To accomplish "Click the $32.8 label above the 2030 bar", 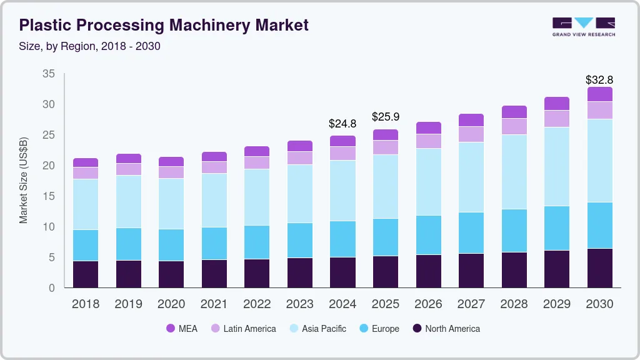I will click(599, 80).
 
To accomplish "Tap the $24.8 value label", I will click(342, 124).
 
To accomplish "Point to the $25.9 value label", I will click(385, 117).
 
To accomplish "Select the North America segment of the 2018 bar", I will click(86, 274).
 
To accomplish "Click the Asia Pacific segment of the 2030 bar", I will click(599, 161).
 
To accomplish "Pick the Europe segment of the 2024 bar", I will click(342, 239).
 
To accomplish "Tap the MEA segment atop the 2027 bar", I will click(471, 120).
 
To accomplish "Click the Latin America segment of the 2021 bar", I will click(214, 167).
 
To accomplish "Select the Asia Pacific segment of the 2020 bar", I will click(171, 204).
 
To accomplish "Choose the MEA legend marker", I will click(171, 329).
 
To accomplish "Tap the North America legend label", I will click(452, 329).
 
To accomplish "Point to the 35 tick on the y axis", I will click(48, 74).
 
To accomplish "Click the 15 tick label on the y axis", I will click(48, 196).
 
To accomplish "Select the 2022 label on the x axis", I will click(257, 304).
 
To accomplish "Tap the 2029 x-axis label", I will click(556, 304).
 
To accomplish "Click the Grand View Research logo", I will click(583, 26).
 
